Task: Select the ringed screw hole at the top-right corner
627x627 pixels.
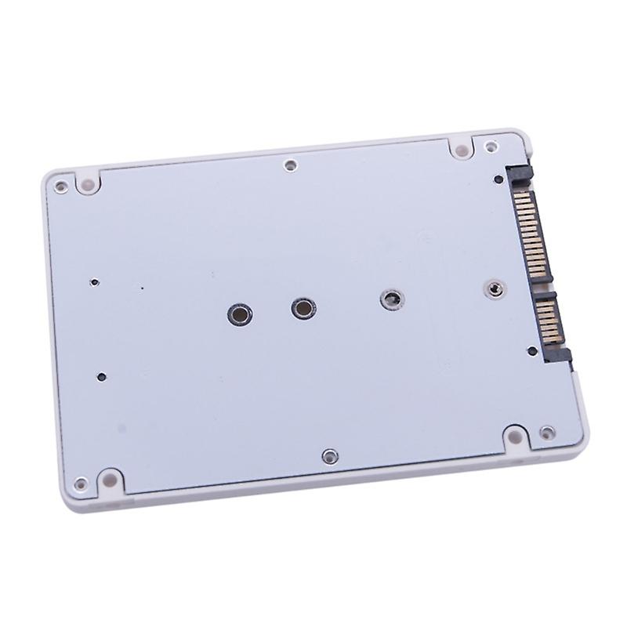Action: pyautogui.click(x=491, y=146)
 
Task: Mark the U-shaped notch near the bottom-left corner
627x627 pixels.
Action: pyautogui.click(x=108, y=478)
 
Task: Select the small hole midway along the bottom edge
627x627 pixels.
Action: pyautogui.click(x=329, y=455)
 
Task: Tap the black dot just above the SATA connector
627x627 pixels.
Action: pyautogui.click(x=499, y=179)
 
